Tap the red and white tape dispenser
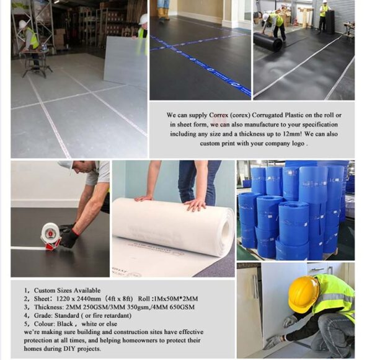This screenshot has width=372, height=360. (50, 235)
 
